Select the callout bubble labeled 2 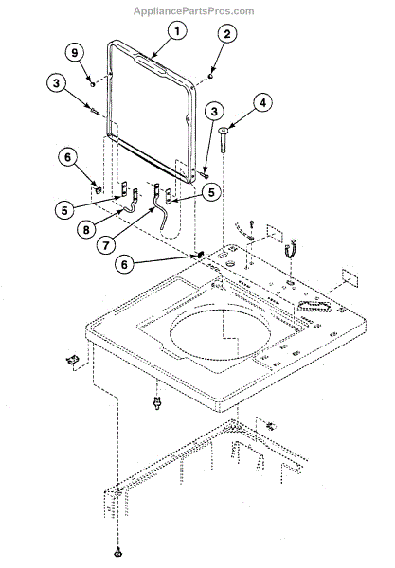click(226, 36)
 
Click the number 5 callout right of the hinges click(210, 190)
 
